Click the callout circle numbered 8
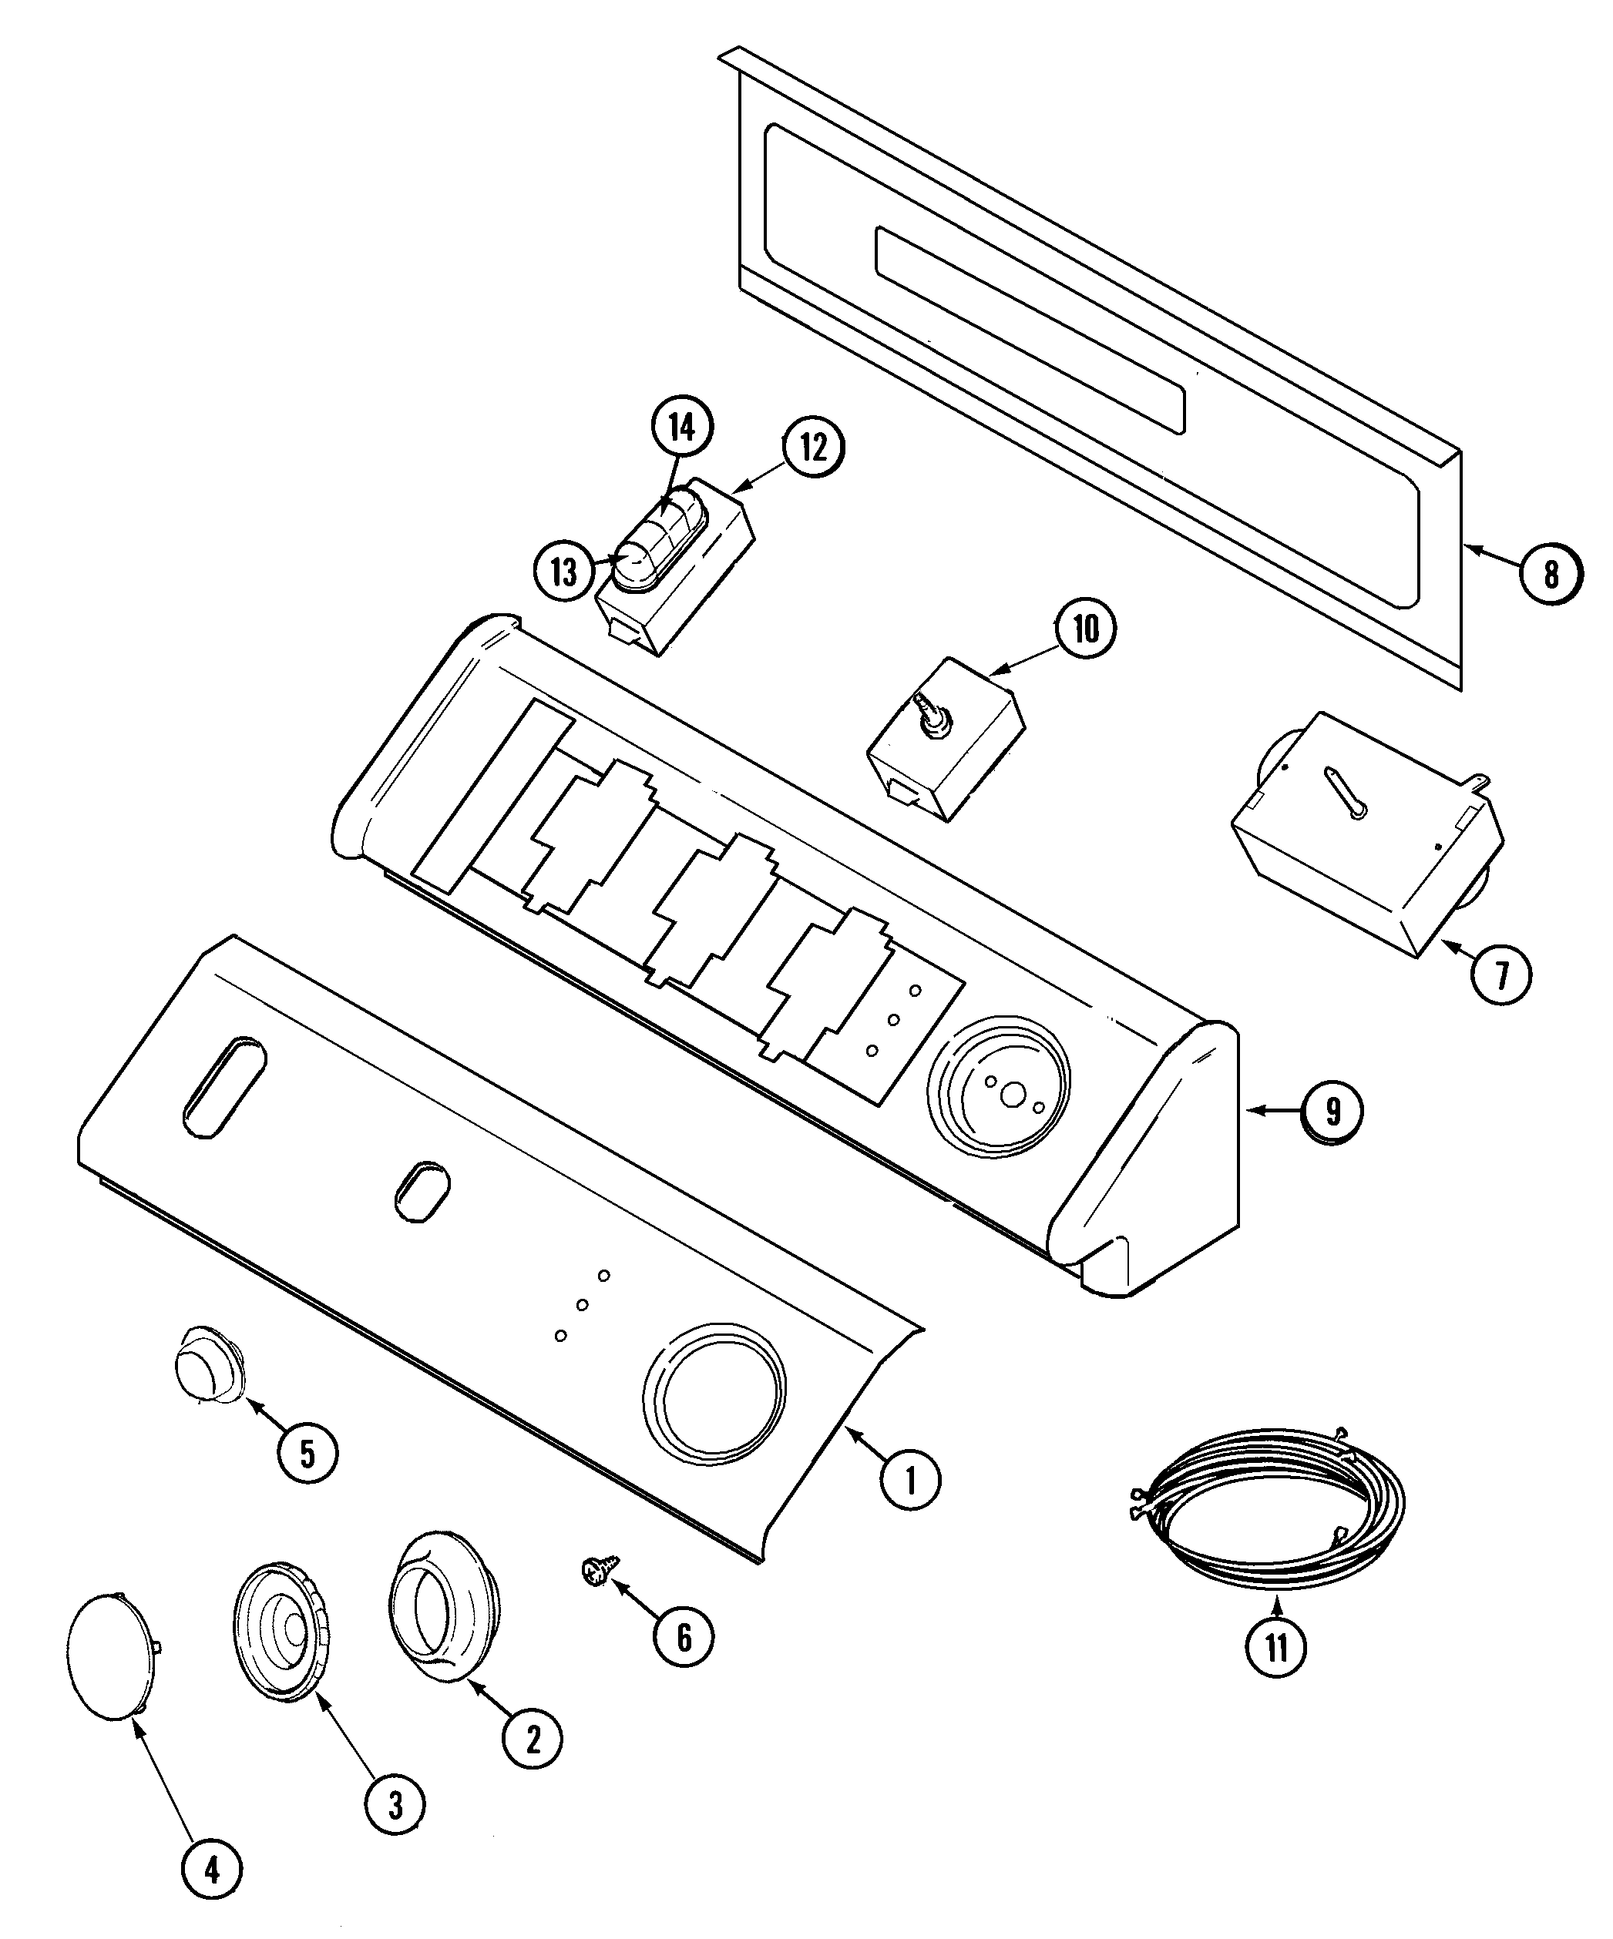(x=1551, y=575)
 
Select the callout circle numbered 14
(x=682, y=427)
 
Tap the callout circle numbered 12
(x=813, y=447)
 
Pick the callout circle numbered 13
(x=564, y=572)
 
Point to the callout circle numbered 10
(x=1086, y=629)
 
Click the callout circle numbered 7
(x=1500, y=974)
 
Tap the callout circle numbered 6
(x=684, y=1637)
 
